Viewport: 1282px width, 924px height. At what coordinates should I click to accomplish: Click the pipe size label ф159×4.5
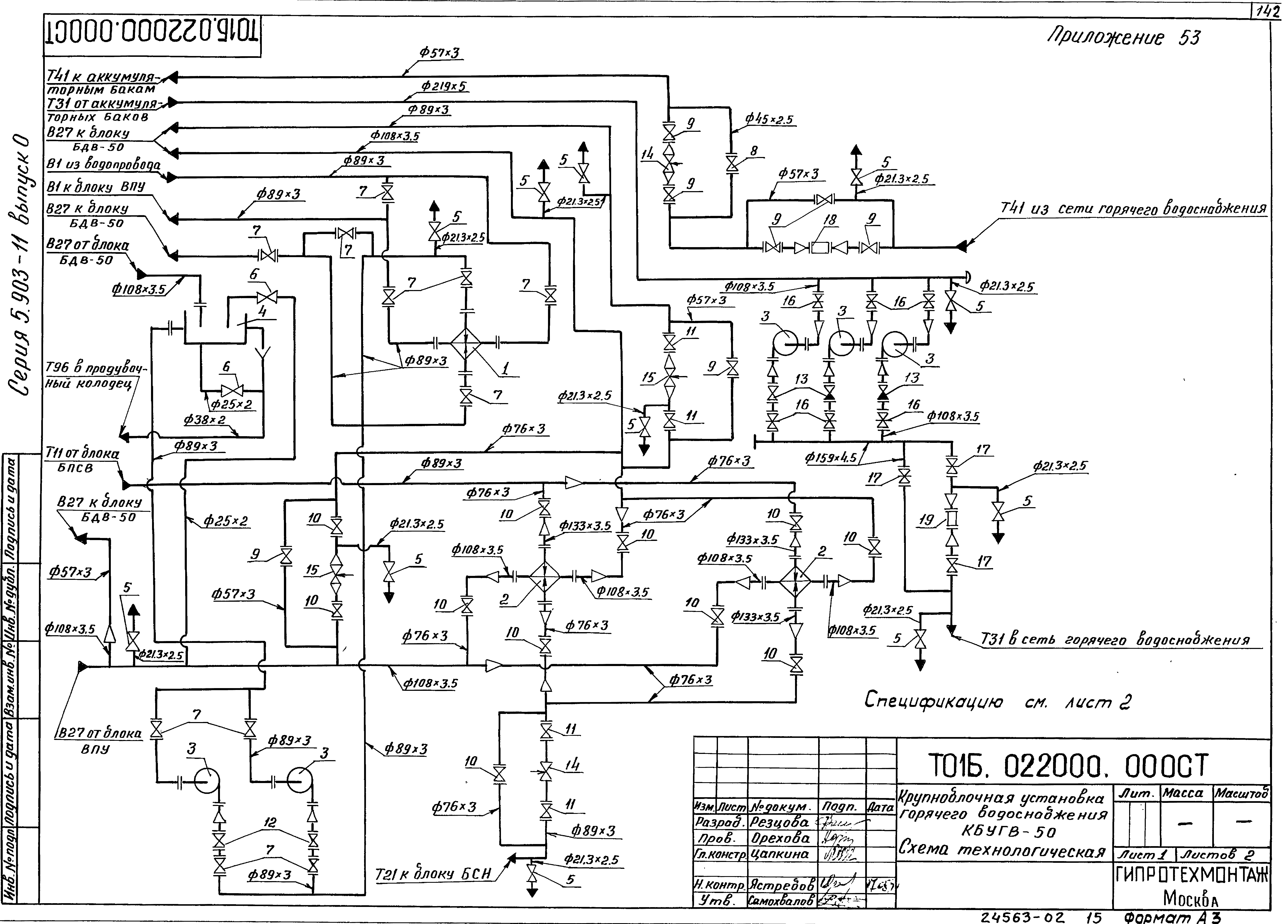coord(831,457)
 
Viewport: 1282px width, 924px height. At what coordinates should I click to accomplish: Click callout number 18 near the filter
coord(830,219)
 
